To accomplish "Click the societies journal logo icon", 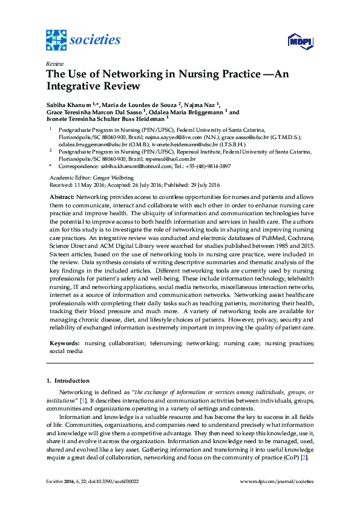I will click(55, 41).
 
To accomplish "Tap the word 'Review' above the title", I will click(54, 63).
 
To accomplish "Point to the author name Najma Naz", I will click(199, 105).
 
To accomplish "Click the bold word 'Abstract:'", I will click(62, 198).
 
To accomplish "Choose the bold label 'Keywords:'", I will click(64, 343).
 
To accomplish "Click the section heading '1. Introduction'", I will click(68, 381).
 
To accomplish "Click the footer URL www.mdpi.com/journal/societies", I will click(277, 482).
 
